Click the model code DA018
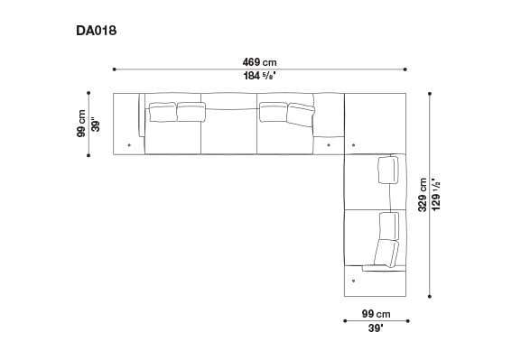tap(97, 31)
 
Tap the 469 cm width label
tap(259, 62)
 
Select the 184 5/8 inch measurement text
tap(259, 76)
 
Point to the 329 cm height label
tap(423, 193)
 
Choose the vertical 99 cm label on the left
tap(81, 124)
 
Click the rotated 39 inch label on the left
tap(95, 125)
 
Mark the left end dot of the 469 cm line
tap(114, 69)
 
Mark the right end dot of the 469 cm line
tap(406, 69)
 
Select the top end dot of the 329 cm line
tap(430, 92)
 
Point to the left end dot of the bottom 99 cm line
tap(345, 320)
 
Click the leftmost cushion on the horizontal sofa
tap(162, 112)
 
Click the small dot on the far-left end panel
tap(129, 143)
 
